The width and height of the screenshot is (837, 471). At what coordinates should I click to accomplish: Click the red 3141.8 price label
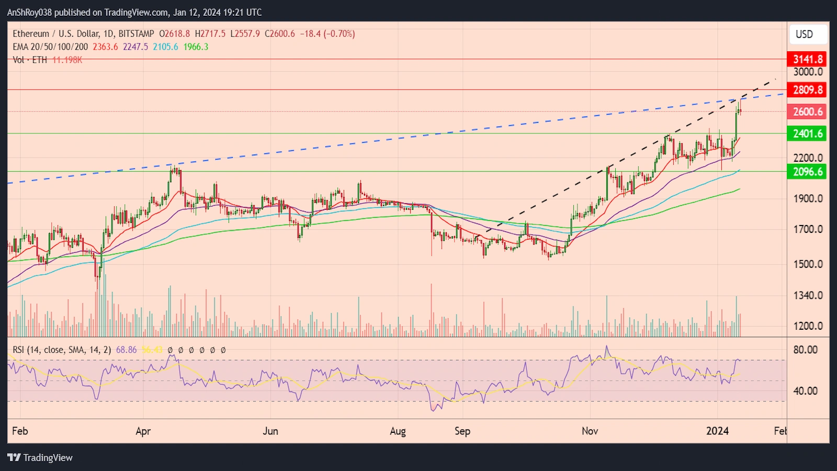[x=807, y=59]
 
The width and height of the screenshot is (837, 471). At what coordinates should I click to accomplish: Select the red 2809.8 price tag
[x=807, y=89]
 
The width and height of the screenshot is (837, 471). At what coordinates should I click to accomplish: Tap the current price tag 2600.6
[x=807, y=111]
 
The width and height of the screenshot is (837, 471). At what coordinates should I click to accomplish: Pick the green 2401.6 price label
[x=807, y=133]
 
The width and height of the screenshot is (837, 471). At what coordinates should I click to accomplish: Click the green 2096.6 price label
[x=807, y=172]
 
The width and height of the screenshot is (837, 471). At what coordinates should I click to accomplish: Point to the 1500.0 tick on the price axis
[x=808, y=264]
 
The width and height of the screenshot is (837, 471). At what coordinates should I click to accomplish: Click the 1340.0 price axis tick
[x=808, y=295]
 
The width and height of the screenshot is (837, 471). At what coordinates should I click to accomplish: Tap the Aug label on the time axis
[x=398, y=431]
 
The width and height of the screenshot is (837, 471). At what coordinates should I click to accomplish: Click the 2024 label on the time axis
[x=717, y=431]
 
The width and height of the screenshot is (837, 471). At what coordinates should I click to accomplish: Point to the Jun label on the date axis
[x=270, y=431]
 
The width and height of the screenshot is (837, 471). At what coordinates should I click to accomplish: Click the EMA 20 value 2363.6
[x=105, y=47]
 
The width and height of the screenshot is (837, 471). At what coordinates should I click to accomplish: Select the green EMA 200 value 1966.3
[x=196, y=47]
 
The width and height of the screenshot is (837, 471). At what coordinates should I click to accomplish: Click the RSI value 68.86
[x=126, y=350]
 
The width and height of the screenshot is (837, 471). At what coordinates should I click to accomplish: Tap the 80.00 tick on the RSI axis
[x=805, y=350]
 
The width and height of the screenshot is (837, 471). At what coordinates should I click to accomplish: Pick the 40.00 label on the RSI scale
[x=805, y=391]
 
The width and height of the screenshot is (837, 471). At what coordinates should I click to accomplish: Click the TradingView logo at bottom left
[x=40, y=457]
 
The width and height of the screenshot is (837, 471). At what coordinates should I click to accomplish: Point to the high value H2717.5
[x=210, y=33]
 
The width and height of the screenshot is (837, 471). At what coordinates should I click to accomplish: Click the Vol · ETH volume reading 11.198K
[x=67, y=60]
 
